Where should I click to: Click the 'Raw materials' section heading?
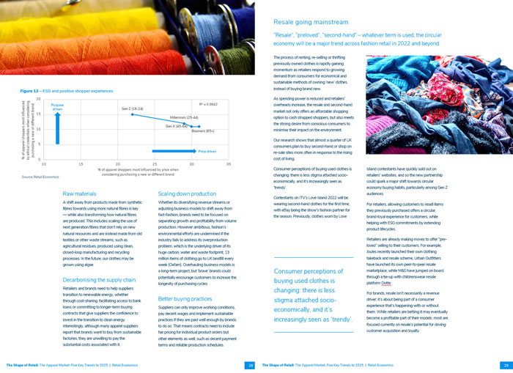click(80, 193)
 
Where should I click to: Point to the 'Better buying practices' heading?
click(185, 299)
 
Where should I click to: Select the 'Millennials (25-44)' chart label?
click(184, 117)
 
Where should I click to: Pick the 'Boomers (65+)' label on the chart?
click(203, 131)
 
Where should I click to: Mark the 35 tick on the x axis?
click(229, 164)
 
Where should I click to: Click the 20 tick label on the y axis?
click(38, 98)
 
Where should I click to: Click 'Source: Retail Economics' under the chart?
click(40, 177)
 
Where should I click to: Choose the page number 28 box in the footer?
click(250, 364)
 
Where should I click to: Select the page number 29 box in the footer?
click(505, 364)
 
